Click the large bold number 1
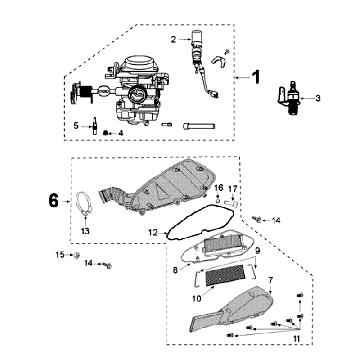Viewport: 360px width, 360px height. [x=255, y=77]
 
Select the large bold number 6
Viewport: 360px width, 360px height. [x=53, y=201]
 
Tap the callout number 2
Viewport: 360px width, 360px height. [x=173, y=40]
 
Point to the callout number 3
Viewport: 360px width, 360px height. [x=318, y=98]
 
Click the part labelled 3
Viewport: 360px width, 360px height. [x=289, y=98]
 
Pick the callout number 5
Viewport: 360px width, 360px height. [x=76, y=126]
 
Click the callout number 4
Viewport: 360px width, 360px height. [x=121, y=133]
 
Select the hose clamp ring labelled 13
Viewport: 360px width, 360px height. [x=83, y=204]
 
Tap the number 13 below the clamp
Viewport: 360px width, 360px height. [x=85, y=231]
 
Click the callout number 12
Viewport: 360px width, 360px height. [x=153, y=233]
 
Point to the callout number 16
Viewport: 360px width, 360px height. [x=219, y=188]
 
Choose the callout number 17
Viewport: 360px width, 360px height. [x=232, y=189]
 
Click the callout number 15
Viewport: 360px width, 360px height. [x=60, y=255]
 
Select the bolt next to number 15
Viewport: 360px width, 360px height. [x=77, y=255]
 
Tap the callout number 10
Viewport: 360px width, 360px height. [x=197, y=299]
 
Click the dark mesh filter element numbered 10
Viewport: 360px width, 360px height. [x=226, y=278]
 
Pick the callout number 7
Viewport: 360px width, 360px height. [x=270, y=280]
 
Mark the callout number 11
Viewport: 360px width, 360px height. [x=297, y=339]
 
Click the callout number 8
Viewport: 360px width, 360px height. [x=175, y=270]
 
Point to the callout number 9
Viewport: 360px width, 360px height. [x=257, y=250]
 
